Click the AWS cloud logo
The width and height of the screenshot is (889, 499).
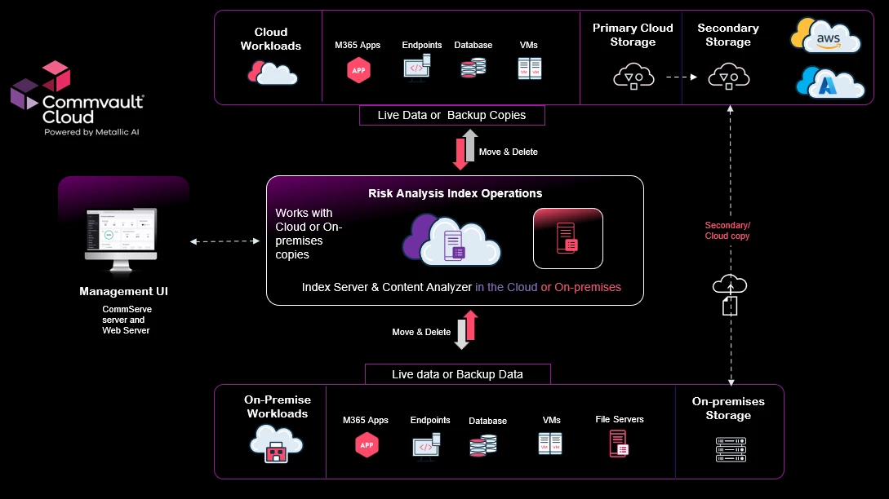(826, 37)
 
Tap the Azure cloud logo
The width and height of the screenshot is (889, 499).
(829, 83)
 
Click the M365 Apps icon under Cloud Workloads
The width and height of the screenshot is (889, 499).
(358, 70)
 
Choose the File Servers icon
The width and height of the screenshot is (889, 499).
(619, 444)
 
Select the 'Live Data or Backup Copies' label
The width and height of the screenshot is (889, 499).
(451, 115)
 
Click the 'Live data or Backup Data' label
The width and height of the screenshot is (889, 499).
(457, 374)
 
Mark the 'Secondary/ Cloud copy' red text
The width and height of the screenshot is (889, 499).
(727, 231)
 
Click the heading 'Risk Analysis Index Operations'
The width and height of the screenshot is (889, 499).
(455, 193)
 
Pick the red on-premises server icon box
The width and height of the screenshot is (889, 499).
(568, 238)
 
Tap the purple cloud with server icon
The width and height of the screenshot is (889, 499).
(451, 240)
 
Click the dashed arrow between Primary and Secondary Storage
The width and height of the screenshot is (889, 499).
(681, 77)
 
